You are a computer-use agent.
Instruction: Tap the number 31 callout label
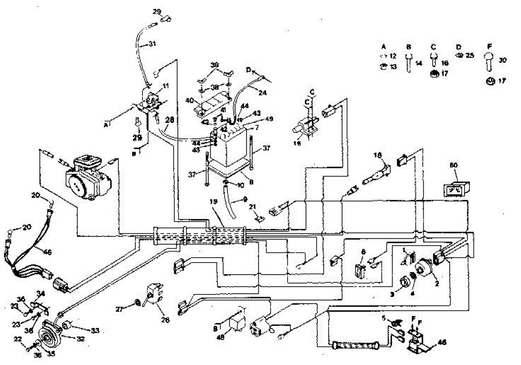152,44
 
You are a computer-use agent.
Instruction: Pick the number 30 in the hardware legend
503,61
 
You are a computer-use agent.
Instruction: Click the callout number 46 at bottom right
442,343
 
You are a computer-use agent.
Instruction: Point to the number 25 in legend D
470,56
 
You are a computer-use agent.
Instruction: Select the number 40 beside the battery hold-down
189,101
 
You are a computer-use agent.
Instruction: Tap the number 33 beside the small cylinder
94,331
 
